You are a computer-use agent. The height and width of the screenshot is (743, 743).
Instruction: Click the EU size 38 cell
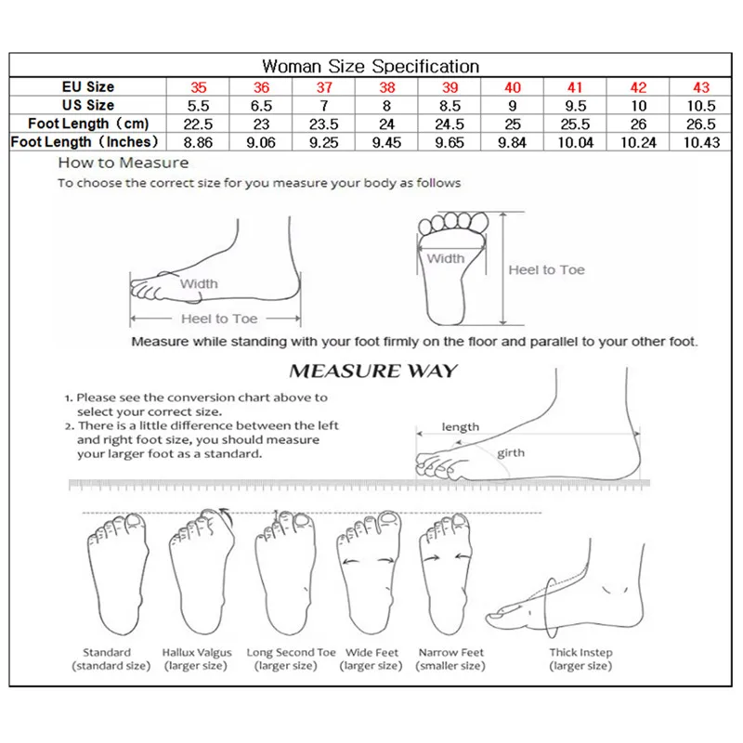(x=385, y=87)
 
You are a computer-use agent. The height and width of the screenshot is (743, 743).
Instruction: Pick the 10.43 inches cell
(x=701, y=141)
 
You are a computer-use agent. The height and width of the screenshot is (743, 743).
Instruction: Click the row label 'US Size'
(x=88, y=105)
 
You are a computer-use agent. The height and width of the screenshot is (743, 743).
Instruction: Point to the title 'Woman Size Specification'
(x=371, y=66)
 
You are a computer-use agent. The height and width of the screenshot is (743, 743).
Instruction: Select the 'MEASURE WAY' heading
(x=373, y=371)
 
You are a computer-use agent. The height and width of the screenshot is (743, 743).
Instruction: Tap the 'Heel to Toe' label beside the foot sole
(x=546, y=269)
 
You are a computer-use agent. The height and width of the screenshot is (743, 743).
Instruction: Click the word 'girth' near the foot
(x=510, y=452)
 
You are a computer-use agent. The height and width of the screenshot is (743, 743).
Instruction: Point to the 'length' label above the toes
(x=461, y=427)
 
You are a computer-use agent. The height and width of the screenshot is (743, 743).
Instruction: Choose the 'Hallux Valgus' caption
(x=197, y=653)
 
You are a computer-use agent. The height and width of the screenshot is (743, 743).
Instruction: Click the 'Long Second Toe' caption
(x=291, y=653)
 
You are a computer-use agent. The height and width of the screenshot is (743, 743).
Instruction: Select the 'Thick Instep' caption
(x=580, y=653)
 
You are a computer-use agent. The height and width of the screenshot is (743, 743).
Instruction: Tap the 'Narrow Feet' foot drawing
(x=450, y=571)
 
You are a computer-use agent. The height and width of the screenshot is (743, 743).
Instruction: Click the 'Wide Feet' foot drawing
(x=370, y=571)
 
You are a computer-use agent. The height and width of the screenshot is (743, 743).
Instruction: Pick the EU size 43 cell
(x=701, y=87)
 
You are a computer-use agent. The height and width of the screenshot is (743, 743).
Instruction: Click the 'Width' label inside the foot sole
(x=446, y=259)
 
